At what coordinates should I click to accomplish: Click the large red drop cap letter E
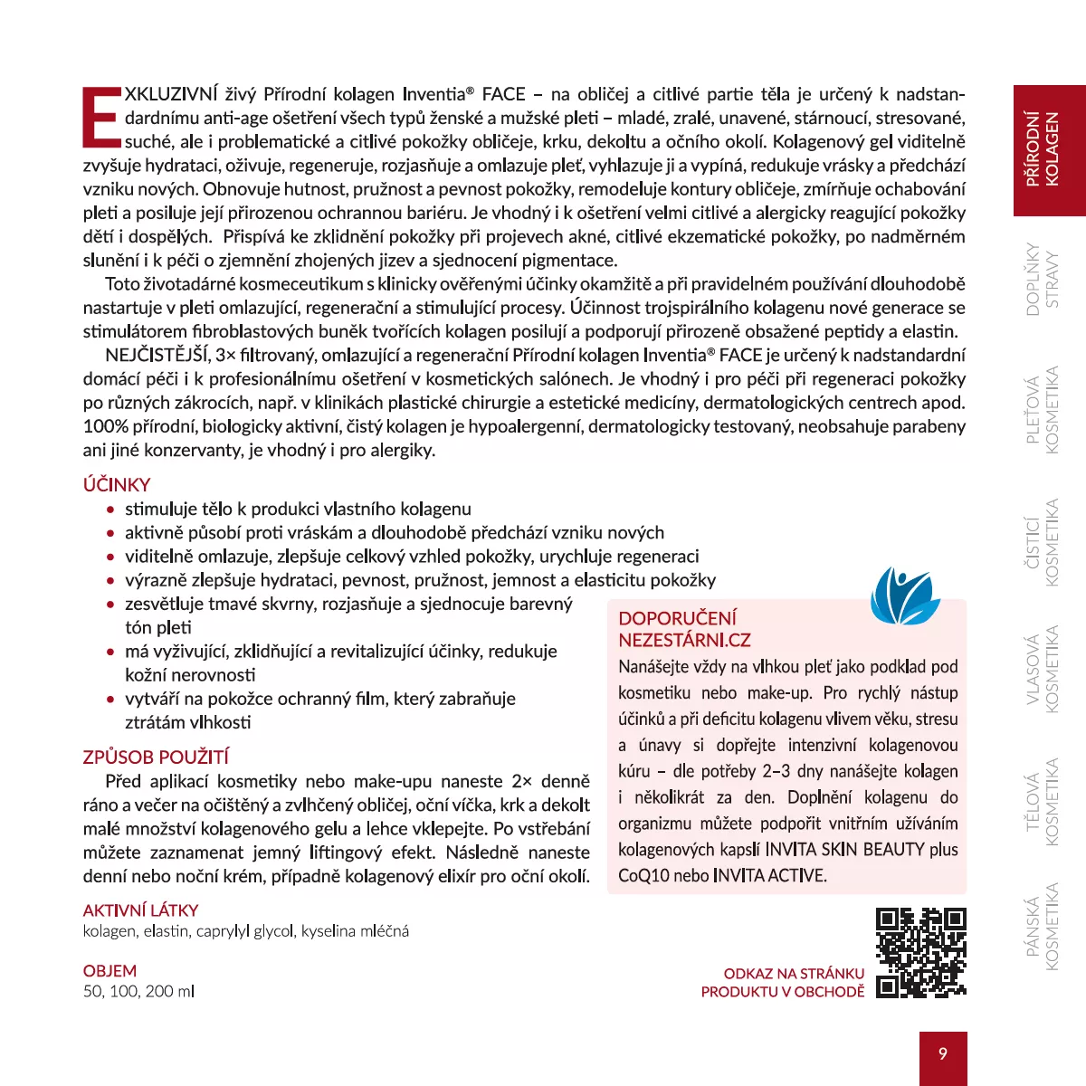[x=101, y=117]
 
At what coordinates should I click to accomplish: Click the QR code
[x=921, y=952]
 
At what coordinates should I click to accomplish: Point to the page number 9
[x=943, y=1053]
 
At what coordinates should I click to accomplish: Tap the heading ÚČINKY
[x=117, y=484]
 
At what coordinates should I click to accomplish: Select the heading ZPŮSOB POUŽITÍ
[x=156, y=757]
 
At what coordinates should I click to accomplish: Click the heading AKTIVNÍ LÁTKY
[x=140, y=910]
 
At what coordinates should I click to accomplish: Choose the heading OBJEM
[x=110, y=971]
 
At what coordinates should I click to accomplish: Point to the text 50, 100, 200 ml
[x=138, y=991]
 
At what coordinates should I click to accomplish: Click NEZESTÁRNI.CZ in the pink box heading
[x=684, y=640]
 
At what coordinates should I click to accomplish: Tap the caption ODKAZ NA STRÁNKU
[x=794, y=974]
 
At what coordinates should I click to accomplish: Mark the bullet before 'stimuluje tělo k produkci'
[x=110, y=510]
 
